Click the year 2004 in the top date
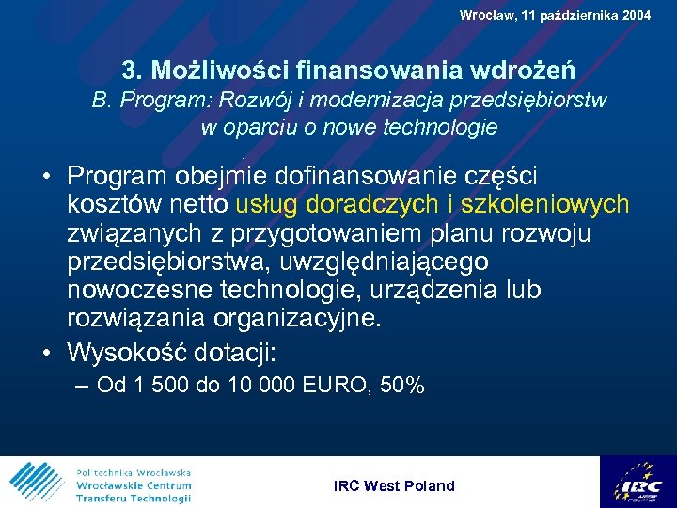pyautogui.click(x=634, y=15)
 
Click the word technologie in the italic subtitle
pyautogui.click(x=443, y=128)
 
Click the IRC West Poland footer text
pyautogui.click(x=394, y=485)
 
